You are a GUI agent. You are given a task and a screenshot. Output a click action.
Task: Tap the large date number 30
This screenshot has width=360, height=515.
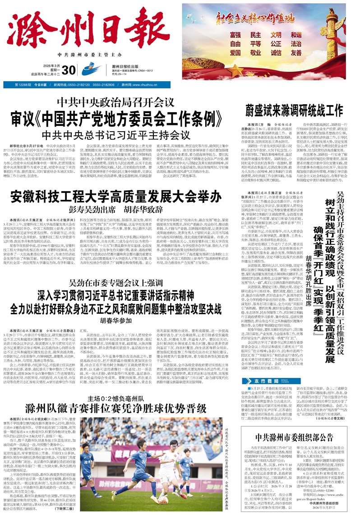coord(68,70)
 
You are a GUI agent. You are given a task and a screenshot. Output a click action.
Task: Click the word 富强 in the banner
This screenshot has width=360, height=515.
coord(235,35)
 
